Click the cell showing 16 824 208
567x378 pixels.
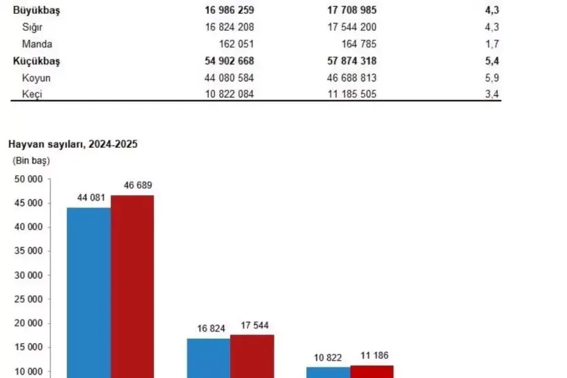click(x=229, y=27)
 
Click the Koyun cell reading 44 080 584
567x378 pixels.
click(x=229, y=78)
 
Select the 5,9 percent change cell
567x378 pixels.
click(x=492, y=78)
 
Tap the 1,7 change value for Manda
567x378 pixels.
click(x=492, y=44)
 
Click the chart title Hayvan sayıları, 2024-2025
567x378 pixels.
click(x=73, y=144)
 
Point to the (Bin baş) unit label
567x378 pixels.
click(x=31, y=161)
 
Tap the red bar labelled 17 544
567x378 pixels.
click(x=252, y=355)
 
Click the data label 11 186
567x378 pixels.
click(x=371, y=357)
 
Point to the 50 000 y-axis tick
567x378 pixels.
click(x=29, y=179)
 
